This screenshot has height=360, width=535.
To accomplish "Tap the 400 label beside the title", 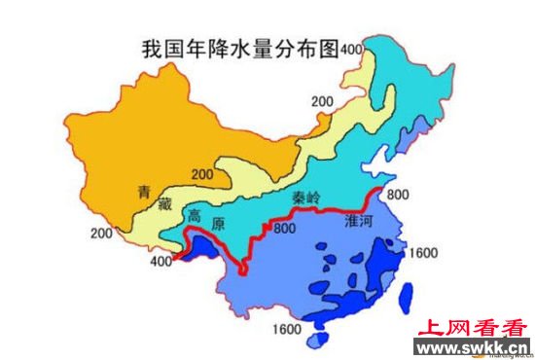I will (x=351, y=49).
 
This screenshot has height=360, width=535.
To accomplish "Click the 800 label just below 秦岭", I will (x=283, y=230).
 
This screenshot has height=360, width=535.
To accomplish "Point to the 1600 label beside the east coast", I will (x=424, y=252).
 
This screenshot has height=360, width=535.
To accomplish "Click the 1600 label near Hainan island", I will (x=288, y=327).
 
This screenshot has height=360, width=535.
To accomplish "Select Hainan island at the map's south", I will (x=317, y=341).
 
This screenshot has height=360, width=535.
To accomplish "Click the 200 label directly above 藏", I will (x=202, y=174).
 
